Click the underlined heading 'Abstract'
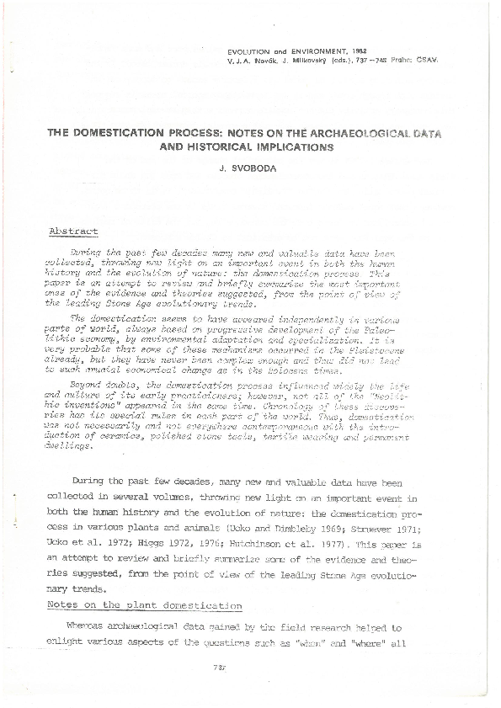(x=74, y=231)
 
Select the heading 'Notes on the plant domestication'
(x=145, y=605)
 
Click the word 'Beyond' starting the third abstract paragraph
(x=85, y=383)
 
